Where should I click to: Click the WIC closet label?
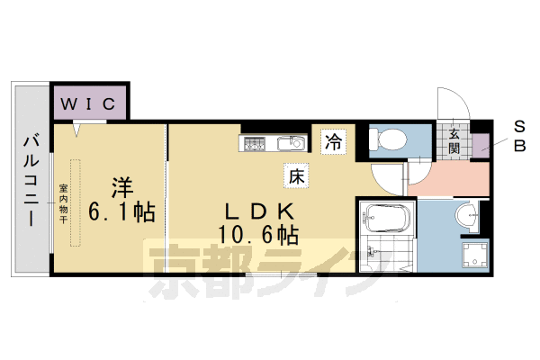[87, 104]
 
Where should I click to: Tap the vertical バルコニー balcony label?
[30, 180]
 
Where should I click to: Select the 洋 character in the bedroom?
[121, 188]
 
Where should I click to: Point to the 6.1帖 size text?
[121, 213]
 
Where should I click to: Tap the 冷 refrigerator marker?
[334, 141]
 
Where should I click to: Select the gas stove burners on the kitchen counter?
[254, 143]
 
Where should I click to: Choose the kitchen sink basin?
[290, 143]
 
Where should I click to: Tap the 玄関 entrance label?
[455, 142]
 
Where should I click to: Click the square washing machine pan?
[472, 253]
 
